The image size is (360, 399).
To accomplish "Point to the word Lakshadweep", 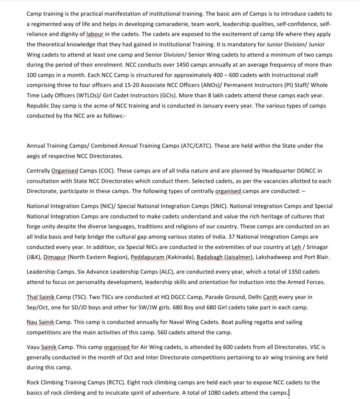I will [x=274, y=257].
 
